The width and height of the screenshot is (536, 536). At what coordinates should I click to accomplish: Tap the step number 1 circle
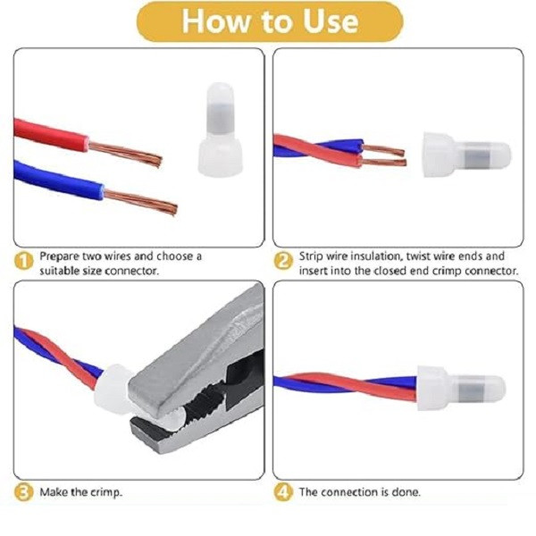[23, 262]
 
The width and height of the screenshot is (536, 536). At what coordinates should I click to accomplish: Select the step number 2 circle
[283, 262]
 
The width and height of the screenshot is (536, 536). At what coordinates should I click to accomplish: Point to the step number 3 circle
[23, 492]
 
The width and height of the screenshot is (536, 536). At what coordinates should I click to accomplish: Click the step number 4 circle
[283, 492]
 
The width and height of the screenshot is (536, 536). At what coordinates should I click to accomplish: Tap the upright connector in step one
[220, 130]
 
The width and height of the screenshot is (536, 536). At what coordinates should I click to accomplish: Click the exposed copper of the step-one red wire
[125, 153]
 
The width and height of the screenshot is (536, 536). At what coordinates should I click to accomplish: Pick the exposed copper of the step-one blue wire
[140, 202]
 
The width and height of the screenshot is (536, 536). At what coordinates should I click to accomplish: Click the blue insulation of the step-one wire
[58, 180]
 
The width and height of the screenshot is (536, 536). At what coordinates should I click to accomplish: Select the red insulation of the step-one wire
[51, 136]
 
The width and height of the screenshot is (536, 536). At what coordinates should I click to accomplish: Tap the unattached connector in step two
[466, 155]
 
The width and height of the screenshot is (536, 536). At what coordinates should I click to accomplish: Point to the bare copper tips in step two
[383, 155]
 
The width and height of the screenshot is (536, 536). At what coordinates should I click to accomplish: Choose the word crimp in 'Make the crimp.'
[106, 492]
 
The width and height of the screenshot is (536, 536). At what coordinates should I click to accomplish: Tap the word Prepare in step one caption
[57, 256]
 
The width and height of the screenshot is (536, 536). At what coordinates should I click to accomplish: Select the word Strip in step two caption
[311, 256]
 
